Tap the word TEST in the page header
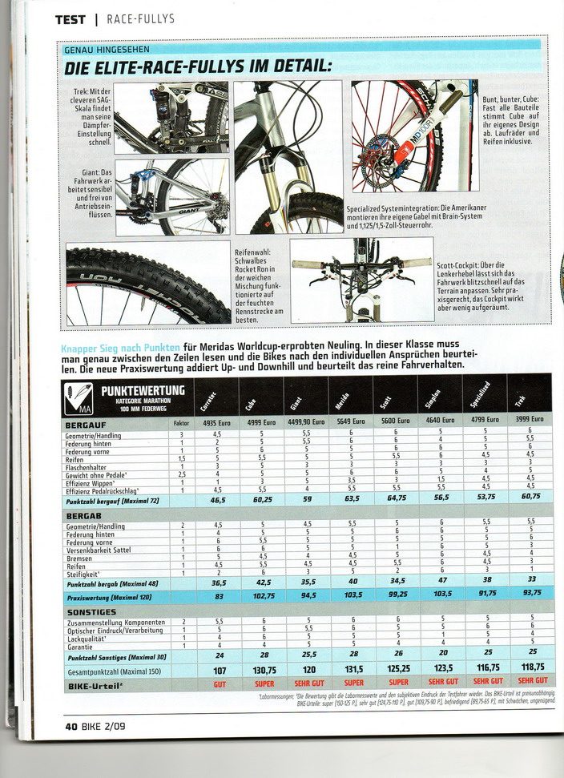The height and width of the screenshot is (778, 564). pos(70,18)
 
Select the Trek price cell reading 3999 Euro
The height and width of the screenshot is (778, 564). pos(530,420)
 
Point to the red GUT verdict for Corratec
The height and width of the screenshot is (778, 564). pos(219,684)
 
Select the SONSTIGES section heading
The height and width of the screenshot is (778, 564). pos(91,611)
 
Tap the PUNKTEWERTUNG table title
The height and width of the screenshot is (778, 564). pos(143,390)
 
